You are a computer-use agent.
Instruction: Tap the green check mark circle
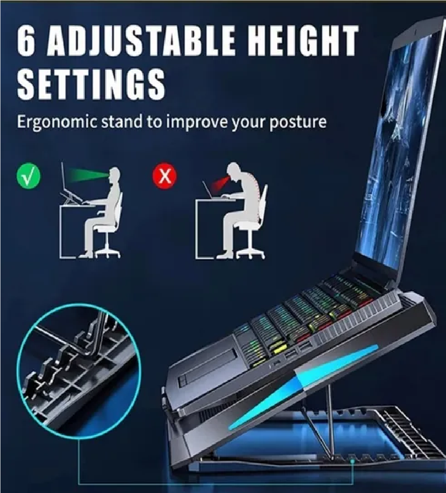28,176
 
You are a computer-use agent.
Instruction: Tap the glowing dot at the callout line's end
353,461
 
